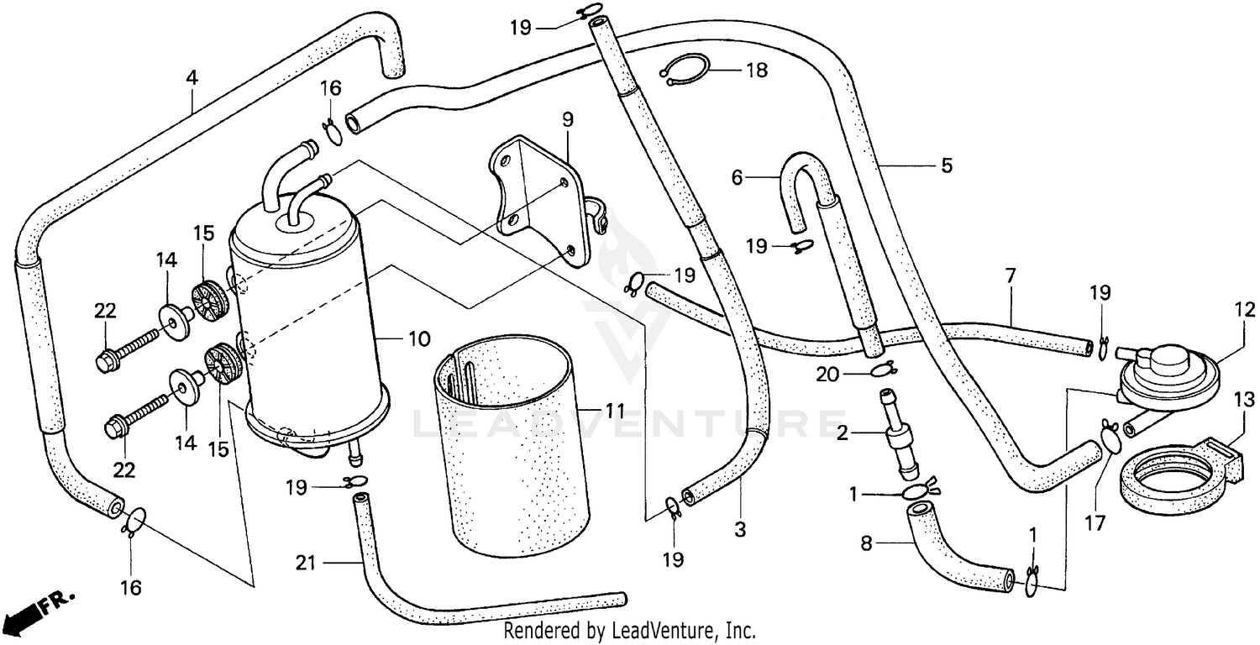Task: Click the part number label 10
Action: click(419, 339)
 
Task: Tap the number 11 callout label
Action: click(615, 412)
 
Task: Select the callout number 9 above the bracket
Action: click(568, 120)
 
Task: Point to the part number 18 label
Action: click(756, 71)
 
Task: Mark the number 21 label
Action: click(306, 563)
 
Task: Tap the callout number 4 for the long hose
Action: click(192, 78)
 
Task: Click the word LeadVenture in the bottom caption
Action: click(660, 630)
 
